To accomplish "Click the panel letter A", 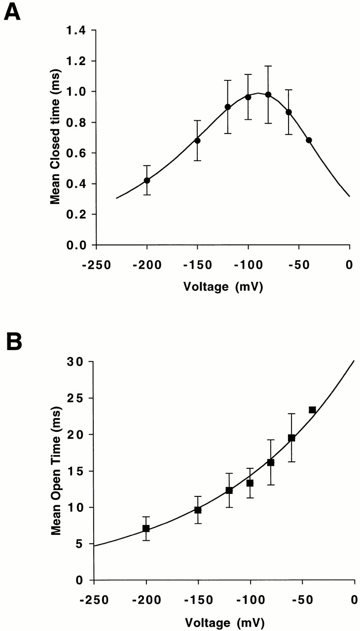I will click(13, 11).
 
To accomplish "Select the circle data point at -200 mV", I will click(147, 180).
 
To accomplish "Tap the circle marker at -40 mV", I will click(309, 140).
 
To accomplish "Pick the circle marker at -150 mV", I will click(197, 140).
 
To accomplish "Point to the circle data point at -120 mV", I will click(228, 107).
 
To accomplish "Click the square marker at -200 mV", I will click(146, 528).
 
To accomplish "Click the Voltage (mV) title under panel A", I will click(222, 286).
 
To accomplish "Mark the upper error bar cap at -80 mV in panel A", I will click(268, 66).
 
